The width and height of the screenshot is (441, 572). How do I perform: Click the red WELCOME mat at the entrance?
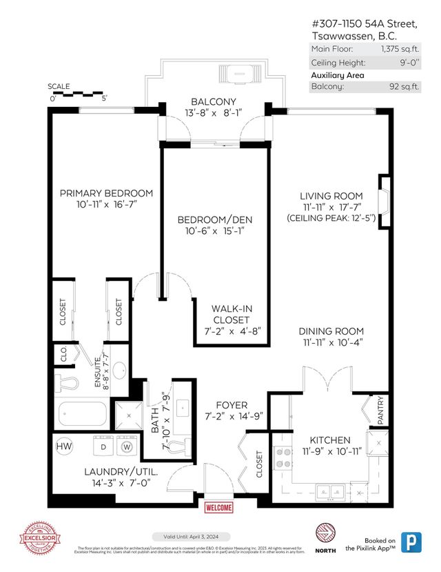click(218, 507)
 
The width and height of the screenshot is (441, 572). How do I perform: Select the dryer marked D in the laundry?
click(104, 446)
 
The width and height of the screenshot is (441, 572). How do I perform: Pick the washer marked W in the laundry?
click(127, 446)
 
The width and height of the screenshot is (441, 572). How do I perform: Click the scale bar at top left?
click(77, 93)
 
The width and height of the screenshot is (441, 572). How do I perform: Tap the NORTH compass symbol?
click(325, 533)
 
